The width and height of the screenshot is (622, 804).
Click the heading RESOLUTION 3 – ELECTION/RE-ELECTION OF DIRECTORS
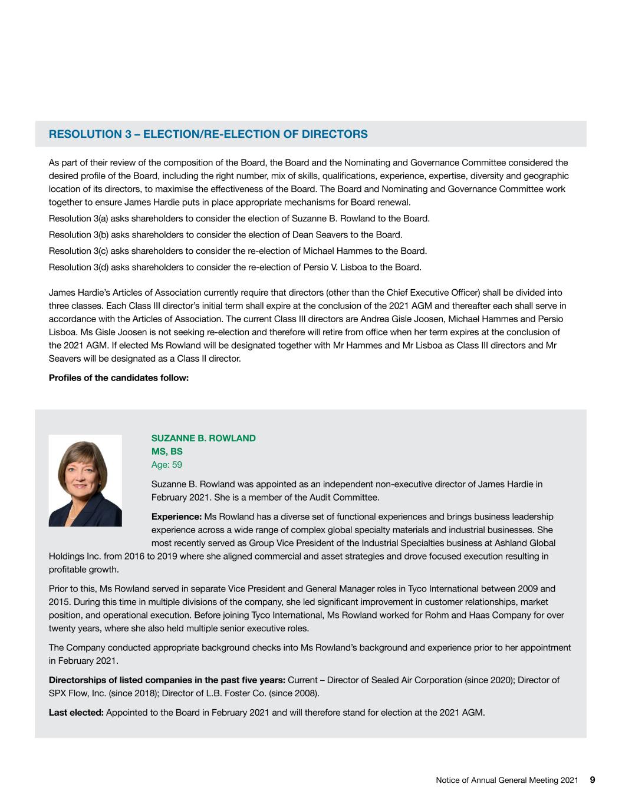pyautogui.click(x=208, y=134)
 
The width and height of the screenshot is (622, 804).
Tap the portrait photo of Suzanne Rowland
pyautogui.click(x=85, y=480)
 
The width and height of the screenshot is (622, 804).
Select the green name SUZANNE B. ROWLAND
pyautogui.click(x=203, y=438)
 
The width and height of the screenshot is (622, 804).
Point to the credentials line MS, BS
pyautogui.click(x=167, y=452)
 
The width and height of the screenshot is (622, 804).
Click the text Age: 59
pyautogui.click(x=167, y=465)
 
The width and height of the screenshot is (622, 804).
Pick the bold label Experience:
pyautogui.click(x=176, y=517)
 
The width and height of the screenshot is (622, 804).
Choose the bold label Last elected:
pyautogui.click(x=76, y=713)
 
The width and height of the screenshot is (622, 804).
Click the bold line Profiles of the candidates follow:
pyautogui.click(x=119, y=378)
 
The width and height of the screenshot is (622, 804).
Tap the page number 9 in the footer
pyautogui.click(x=593, y=780)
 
